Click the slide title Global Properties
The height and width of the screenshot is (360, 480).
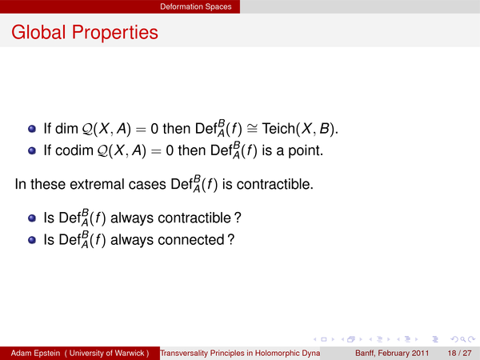click(85, 32)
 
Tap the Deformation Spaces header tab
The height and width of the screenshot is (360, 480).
click(196, 6)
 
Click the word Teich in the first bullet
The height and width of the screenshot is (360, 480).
click(278, 128)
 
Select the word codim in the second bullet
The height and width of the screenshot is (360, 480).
click(74, 150)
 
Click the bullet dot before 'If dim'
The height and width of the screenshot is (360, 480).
click(32, 129)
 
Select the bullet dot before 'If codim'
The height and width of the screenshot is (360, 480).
click(32, 150)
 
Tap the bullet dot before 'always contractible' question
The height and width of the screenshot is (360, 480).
click(32, 218)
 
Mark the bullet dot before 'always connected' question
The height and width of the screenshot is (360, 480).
click(32, 240)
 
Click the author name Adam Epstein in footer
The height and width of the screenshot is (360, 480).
click(35, 354)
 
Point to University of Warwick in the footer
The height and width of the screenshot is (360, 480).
click(106, 354)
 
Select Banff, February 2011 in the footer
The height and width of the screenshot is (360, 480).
click(392, 354)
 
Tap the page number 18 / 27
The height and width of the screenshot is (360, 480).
click(459, 354)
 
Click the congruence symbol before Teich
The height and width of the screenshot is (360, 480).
click(252, 129)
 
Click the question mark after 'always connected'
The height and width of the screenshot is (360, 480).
click(231, 239)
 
